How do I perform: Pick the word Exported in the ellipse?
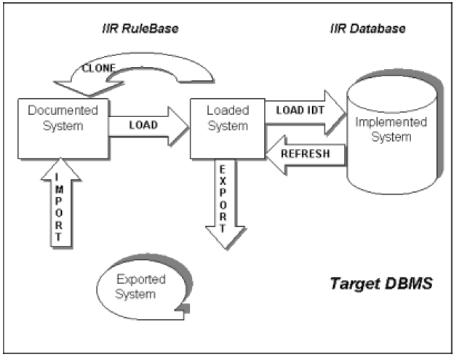point(140,279)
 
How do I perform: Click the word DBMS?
point(411,281)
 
